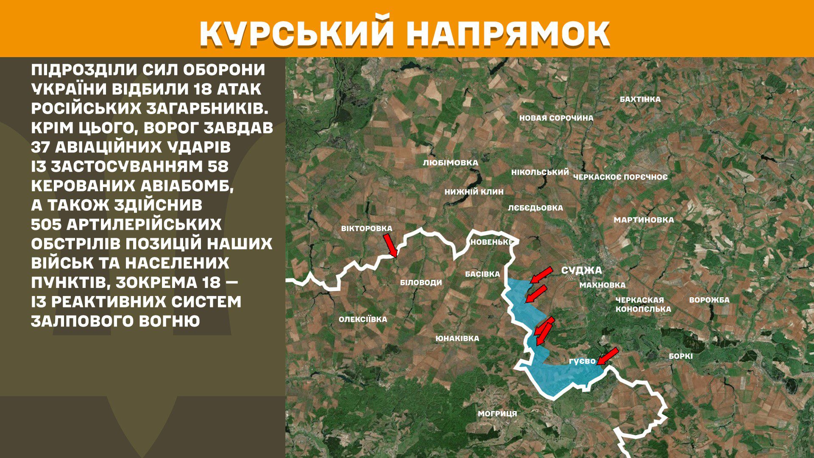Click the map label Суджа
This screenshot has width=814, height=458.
pyautogui.click(x=581, y=271)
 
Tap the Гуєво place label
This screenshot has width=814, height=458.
pyautogui.click(x=582, y=361)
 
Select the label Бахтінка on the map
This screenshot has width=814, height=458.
pyautogui.click(x=640, y=99)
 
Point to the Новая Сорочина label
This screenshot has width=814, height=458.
pyautogui.click(x=556, y=118)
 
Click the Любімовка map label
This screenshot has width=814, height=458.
pyautogui.click(x=450, y=162)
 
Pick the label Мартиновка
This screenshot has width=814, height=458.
pyautogui.click(x=644, y=220)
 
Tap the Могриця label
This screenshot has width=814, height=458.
pyautogui.click(x=497, y=413)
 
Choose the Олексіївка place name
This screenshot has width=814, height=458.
pyautogui.click(x=362, y=319)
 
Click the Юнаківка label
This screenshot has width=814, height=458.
pyautogui.click(x=457, y=338)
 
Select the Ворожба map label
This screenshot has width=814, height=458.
pyautogui.click(x=709, y=300)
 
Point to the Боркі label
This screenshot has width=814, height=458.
pyautogui.click(x=680, y=356)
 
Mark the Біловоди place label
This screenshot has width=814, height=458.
pyautogui.click(x=421, y=282)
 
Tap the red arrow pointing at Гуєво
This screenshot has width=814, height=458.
pyautogui.click(x=607, y=356)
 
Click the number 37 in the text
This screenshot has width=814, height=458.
pyautogui.click(x=40, y=147)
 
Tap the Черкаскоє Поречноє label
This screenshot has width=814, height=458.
pyautogui.click(x=620, y=177)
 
